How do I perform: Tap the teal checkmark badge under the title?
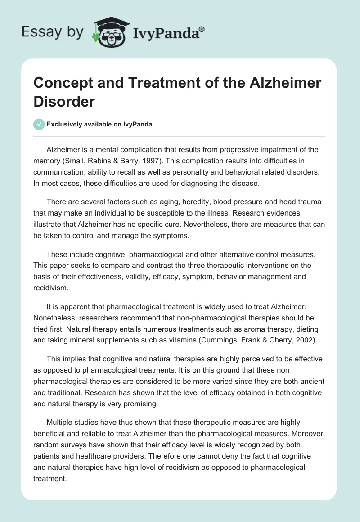(39, 124)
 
